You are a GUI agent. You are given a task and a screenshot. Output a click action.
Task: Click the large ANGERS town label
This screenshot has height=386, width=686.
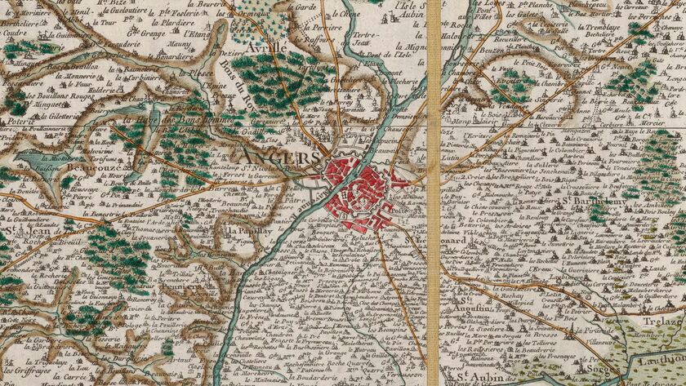[x=277, y=157]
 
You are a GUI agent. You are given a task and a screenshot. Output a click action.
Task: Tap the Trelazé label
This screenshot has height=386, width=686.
[x=665, y=299]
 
